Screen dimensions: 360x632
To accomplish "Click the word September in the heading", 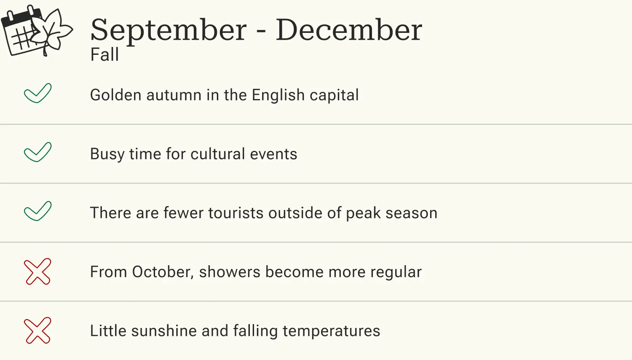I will point(169,30).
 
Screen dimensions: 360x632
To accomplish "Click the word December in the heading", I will point(349,30).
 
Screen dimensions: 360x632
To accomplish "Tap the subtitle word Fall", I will point(104,55).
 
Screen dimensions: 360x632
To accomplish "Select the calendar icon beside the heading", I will point(19,34).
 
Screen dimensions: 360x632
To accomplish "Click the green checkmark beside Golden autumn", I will point(37,93).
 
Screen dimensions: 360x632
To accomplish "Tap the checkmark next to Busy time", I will point(37,152).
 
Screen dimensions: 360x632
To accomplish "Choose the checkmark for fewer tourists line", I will point(37,211).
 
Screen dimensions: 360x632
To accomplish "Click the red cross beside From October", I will point(37,271).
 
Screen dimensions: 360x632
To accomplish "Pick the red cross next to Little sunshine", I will point(37,330).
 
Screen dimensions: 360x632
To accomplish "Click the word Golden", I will point(116,95).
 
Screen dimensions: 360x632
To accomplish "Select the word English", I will point(278,95).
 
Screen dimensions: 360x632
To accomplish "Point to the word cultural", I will point(218,154).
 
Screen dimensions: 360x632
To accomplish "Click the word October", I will point(163,272).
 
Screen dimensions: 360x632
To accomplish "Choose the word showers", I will point(230,272).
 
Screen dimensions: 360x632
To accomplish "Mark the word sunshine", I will point(164,331).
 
